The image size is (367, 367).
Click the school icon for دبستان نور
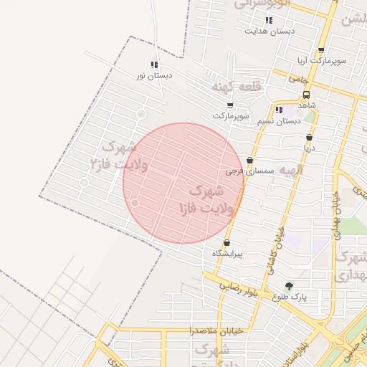click(x=154, y=65)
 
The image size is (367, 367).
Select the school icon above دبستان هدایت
click(x=269, y=21)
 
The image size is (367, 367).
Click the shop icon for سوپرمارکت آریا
click(x=320, y=50)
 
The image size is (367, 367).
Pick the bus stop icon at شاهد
click(x=307, y=94)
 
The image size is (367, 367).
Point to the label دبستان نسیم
click(x=280, y=121)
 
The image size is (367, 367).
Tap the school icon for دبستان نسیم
click(x=280, y=110)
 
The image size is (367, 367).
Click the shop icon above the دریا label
click(x=309, y=137)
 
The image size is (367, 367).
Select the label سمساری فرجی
click(x=246, y=172)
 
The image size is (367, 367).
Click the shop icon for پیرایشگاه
click(x=227, y=243)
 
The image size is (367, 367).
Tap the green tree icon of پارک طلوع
click(x=289, y=285)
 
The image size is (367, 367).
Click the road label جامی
click(x=299, y=80)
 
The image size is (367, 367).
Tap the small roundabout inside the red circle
click(x=135, y=204)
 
